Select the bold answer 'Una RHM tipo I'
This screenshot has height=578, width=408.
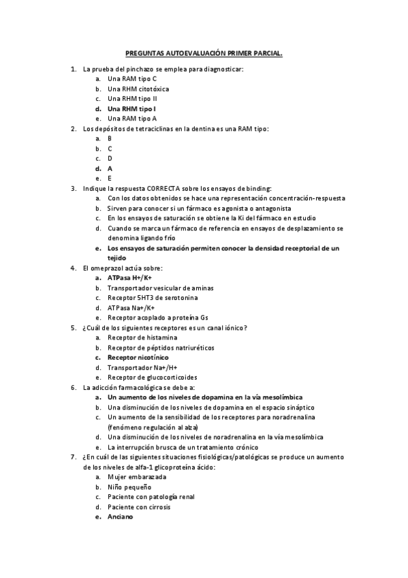click(131, 108)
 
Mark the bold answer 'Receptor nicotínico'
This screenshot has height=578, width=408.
click(138, 357)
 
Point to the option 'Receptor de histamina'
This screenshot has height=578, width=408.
click(142, 337)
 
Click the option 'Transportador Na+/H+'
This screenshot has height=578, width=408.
click(142, 367)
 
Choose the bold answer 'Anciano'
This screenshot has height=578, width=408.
click(120, 517)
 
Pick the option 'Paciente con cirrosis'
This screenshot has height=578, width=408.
click(139, 506)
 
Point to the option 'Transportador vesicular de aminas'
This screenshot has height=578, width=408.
click(161, 288)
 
